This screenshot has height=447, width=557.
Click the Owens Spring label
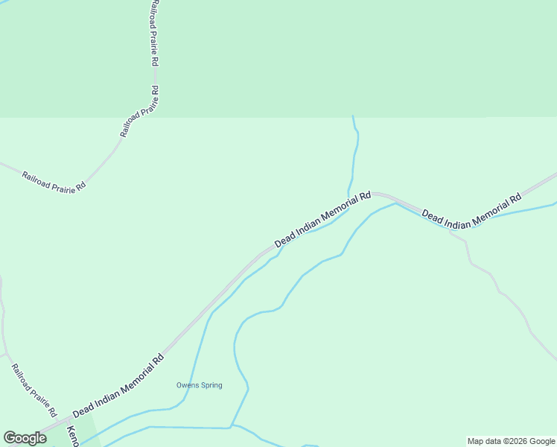pyautogui.click(x=199, y=385)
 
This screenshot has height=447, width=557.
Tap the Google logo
pyautogui.click(x=25, y=438)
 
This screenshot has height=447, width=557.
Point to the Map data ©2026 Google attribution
pyautogui.click(x=511, y=441)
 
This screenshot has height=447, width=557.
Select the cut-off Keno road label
pyautogui.click(x=72, y=435)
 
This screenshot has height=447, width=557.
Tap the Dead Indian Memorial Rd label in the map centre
pyautogui.click(x=322, y=220)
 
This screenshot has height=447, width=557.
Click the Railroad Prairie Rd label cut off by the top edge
pyautogui.click(x=152, y=25)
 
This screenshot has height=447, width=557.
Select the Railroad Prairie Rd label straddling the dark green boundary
pyautogui.click(x=139, y=112)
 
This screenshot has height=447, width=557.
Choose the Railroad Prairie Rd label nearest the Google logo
pyautogui.click(x=34, y=390)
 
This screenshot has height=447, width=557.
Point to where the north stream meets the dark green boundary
pyautogui.click(x=353, y=117)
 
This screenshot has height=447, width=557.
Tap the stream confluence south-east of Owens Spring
pyautogui.click(x=232, y=426)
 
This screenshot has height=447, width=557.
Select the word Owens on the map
pyautogui.click(x=186, y=385)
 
